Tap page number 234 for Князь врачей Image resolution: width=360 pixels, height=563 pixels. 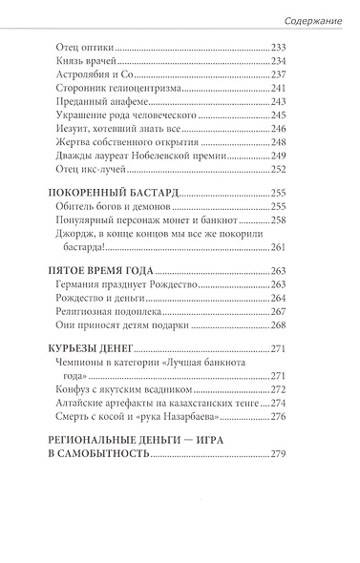click(279, 63)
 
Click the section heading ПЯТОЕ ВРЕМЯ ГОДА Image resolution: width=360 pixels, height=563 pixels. click(99, 302)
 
